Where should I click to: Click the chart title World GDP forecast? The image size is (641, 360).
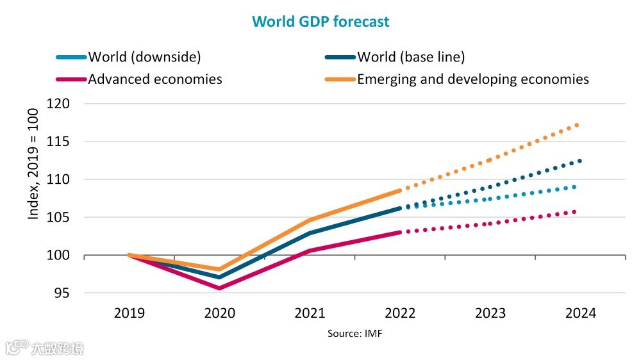pos(320,21)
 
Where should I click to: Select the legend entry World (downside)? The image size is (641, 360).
pos(144,56)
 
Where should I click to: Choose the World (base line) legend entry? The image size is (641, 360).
pos(410,56)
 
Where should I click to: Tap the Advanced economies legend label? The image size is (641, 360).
pos(155,79)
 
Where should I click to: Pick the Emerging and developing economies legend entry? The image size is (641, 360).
pos(472,79)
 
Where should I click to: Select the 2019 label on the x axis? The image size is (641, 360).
pos(129,313)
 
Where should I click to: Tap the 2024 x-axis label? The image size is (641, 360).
pos(581,313)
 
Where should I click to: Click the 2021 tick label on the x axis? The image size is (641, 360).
pos(310,313)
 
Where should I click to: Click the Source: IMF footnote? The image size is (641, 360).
pos(355,334)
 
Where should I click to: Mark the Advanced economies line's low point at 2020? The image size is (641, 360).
pos(219,288)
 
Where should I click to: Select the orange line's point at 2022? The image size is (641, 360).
pos(400,190)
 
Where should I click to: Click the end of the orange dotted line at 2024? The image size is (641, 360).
pos(578,125)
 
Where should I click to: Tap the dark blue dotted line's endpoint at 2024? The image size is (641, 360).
pos(580,161)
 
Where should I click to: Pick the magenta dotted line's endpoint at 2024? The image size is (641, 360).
pos(575,211)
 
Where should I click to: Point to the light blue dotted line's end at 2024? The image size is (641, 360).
pos(575,186)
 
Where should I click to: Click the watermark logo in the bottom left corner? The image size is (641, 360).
pos(45,348)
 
